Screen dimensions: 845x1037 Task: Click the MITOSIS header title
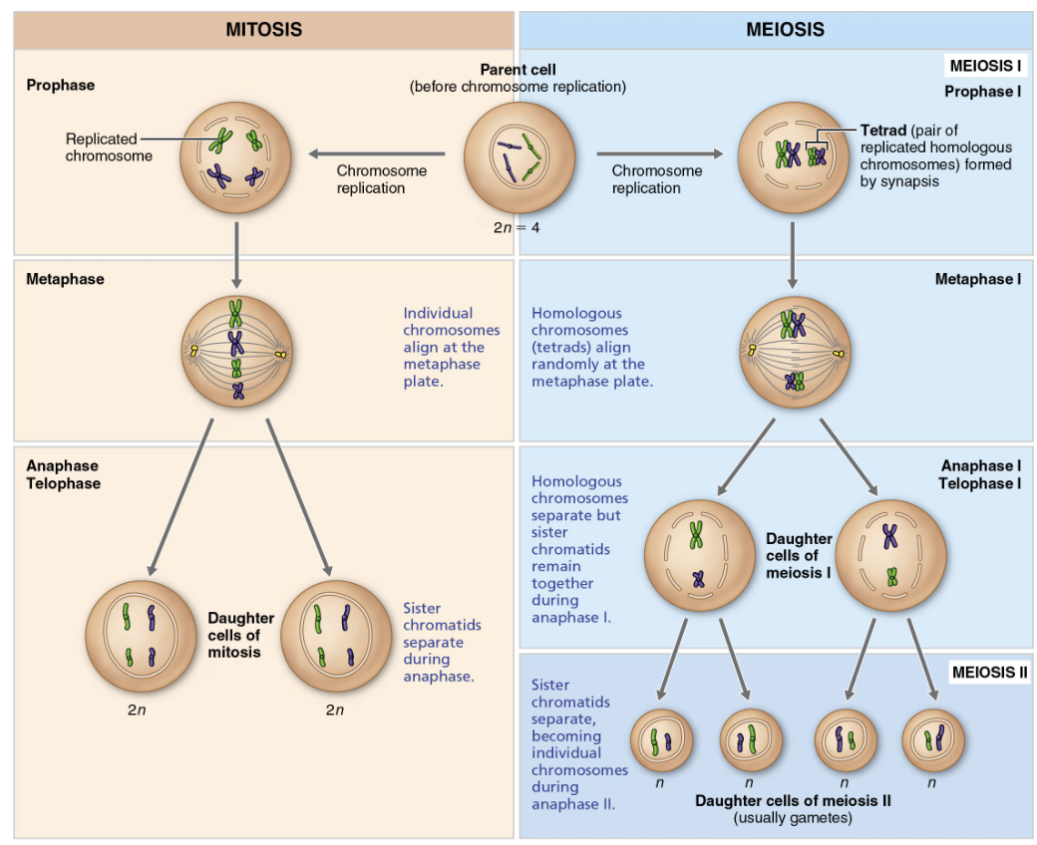263,30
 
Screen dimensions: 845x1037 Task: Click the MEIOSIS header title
785,30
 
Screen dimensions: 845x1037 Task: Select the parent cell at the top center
518,155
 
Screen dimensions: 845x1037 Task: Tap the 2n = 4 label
516,226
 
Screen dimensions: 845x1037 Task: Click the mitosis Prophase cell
235,155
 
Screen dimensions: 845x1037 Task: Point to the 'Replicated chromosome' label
109,147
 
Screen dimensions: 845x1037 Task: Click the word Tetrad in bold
882,131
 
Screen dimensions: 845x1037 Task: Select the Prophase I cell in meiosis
793,155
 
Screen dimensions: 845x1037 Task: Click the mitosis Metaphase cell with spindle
235,351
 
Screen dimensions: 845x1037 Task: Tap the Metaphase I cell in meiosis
793,351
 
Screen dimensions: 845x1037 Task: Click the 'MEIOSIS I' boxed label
985,67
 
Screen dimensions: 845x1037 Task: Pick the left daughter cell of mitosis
141,636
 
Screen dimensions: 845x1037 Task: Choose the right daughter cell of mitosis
337,636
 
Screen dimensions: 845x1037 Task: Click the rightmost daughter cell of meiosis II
931,739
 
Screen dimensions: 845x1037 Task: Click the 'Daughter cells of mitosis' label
240,636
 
